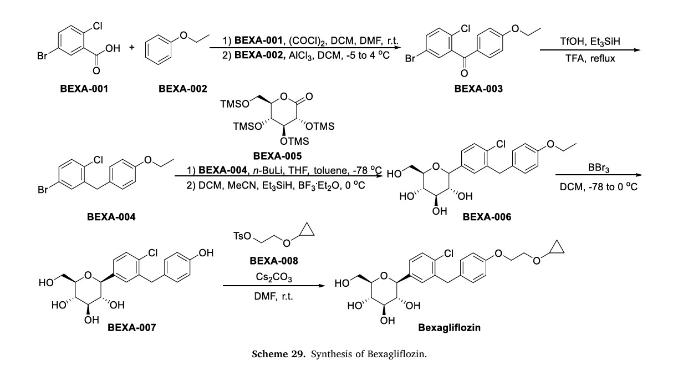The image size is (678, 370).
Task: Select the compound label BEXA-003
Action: (478, 88)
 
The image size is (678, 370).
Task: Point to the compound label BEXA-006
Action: (488, 217)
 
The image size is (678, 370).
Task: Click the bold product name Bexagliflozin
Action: (449, 327)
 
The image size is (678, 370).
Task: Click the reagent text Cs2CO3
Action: (272, 274)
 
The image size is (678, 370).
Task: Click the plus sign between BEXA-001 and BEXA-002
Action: (132, 47)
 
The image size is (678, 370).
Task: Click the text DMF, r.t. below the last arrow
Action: (272, 296)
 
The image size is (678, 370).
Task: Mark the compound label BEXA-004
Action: (111, 217)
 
